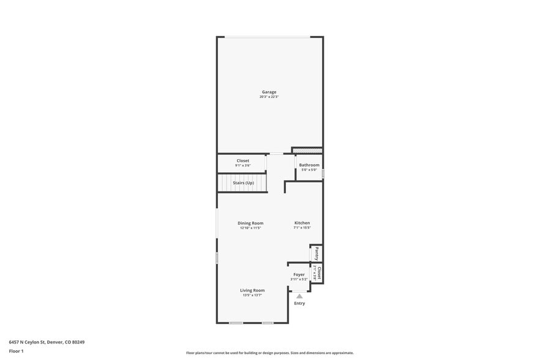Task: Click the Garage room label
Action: (x=269, y=92)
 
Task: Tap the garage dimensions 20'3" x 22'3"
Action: (x=269, y=97)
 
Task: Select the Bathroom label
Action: (x=309, y=165)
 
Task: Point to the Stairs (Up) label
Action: (x=243, y=182)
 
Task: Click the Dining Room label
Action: (x=250, y=223)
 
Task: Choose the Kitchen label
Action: (x=302, y=223)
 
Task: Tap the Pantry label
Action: (x=317, y=253)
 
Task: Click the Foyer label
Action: (x=299, y=274)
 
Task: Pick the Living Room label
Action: (x=252, y=290)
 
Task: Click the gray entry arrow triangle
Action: (x=299, y=296)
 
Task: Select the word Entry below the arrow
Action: (x=299, y=304)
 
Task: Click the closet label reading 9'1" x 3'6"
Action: (x=243, y=165)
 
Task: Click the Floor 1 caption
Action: (x=16, y=351)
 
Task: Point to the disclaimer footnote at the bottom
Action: (x=269, y=353)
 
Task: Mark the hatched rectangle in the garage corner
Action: (x=307, y=151)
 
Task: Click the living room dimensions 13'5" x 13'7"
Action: (x=252, y=295)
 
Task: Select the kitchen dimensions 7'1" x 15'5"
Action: (x=302, y=228)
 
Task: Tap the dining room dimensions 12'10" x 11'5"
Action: (x=250, y=228)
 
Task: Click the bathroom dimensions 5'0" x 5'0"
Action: (x=309, y=170)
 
